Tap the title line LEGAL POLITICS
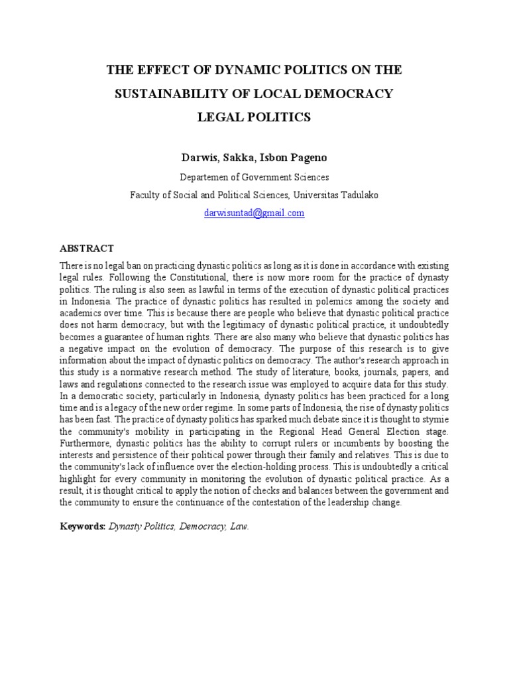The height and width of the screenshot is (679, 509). [254, 118]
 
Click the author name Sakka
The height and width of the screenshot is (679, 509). [235, 158]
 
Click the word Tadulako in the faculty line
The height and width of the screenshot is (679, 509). [361, 196]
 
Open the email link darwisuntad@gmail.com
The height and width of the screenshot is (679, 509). [254, 214]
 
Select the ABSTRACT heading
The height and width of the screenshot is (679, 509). [87, 249]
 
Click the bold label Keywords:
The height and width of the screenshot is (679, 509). [83, 526]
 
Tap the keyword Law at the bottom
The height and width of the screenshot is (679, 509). [239, 526]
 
